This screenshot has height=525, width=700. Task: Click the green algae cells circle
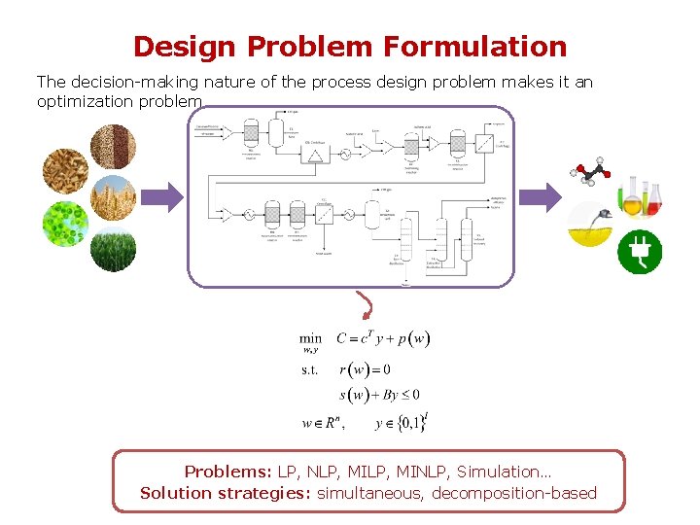click(x=65, y=224)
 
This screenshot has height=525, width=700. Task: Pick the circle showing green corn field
click(x=113, y=249)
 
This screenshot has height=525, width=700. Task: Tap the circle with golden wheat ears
click(x=113, y=198)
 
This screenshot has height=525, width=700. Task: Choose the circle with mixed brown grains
click(x=113, y=146)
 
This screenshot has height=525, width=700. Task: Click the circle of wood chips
click(x=65, y=171)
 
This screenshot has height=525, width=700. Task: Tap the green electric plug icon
click(x=641, y=252)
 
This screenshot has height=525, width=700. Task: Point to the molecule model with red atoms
click(x=590, y=173)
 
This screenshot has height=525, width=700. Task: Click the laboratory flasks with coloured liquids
click(x=641, y=195)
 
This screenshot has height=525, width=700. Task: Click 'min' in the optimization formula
click(x=311, y=339)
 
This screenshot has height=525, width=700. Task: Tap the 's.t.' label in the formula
click(x=309, y=369)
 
